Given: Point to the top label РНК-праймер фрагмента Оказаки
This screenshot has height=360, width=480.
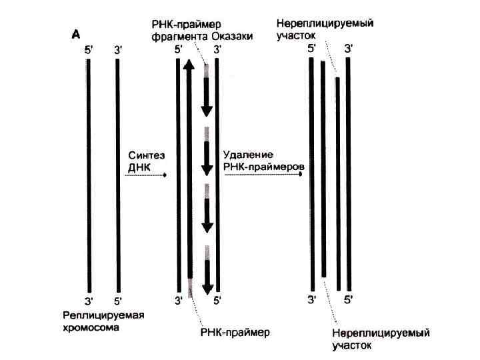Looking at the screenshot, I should click(x=201, y=31).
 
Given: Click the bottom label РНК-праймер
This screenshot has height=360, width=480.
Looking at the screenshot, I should click(x=235, y=331).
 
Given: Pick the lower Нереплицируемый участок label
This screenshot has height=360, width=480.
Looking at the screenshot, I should click(x=381, y=338).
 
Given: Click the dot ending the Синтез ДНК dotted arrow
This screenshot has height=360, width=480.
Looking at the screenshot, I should click(x=165, y=175).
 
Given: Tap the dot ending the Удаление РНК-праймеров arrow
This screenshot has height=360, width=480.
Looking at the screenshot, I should click(x=301, y=175).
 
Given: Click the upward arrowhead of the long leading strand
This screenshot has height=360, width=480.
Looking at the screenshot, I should click(x=189, y=65).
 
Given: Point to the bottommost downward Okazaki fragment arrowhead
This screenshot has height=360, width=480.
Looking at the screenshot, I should click(x=207, y=289).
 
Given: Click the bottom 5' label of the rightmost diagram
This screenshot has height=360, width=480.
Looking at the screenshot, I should click(x=348, y=301).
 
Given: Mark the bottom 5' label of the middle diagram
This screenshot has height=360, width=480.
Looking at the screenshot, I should click(x=217, y=301).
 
